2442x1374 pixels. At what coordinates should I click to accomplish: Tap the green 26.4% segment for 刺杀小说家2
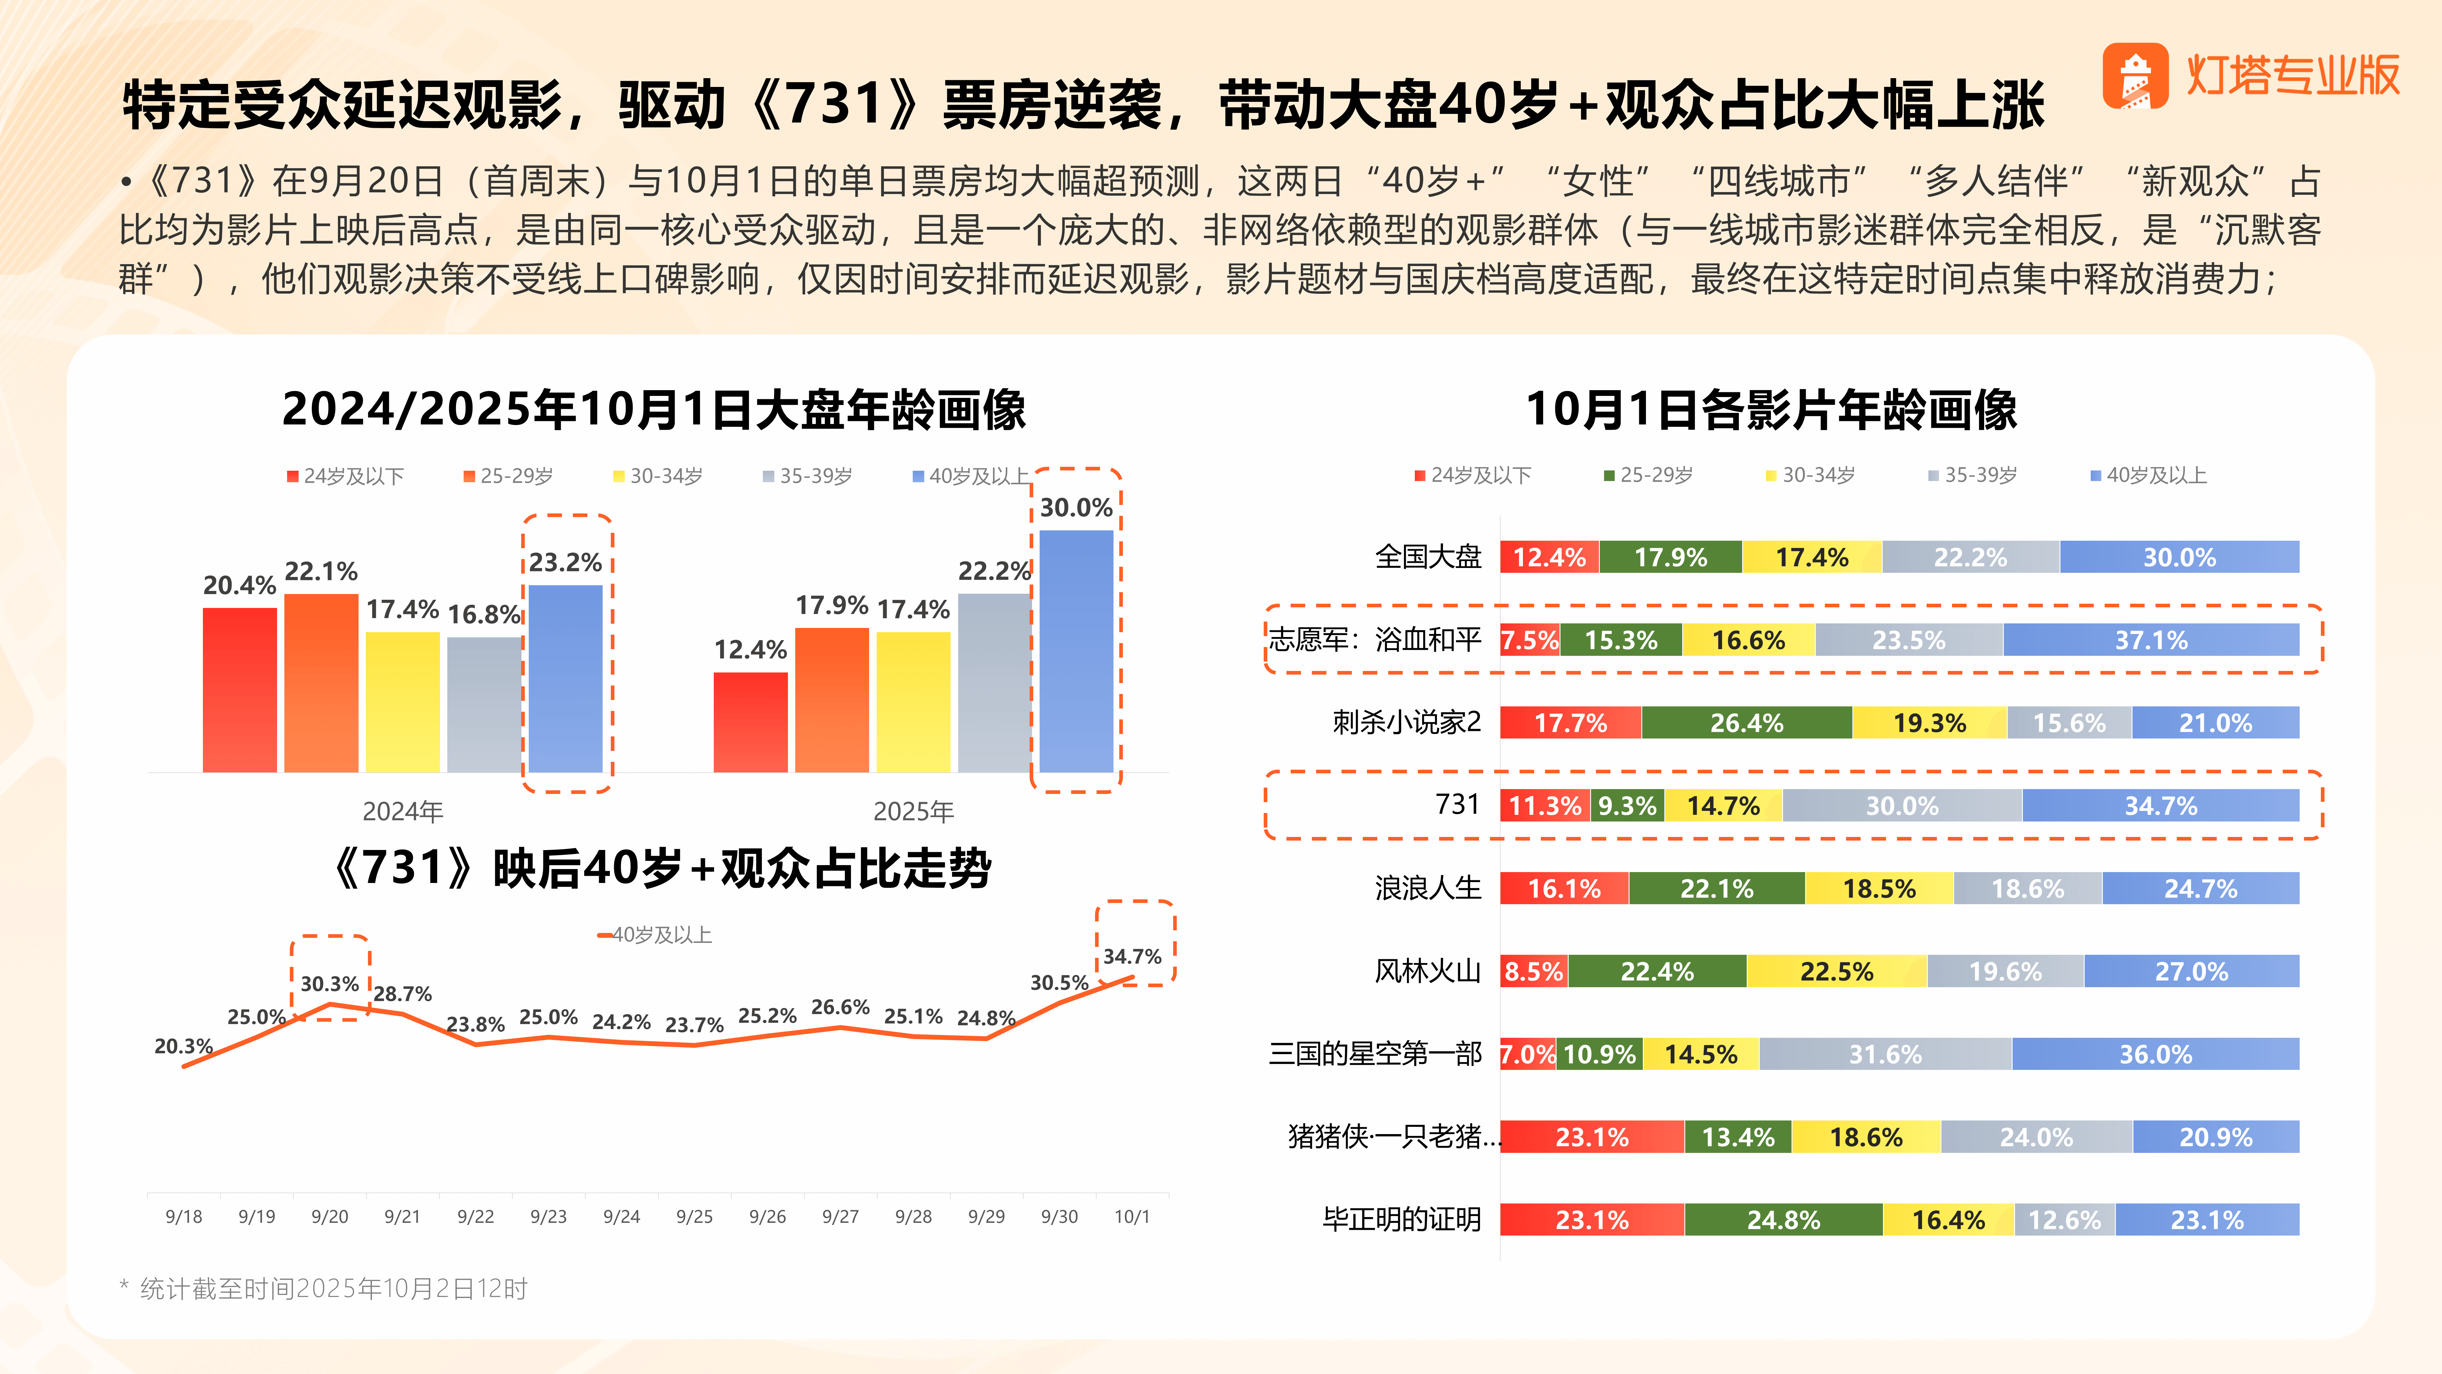pos(1746,722)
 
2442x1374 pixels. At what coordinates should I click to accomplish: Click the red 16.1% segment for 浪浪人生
pos(1564,888)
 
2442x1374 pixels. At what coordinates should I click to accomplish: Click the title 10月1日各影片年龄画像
pos(1771,410)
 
